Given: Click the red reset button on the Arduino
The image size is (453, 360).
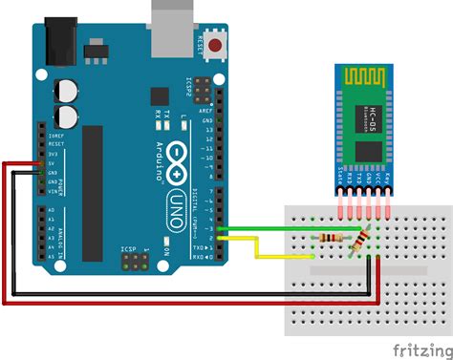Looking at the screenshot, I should point(216,45).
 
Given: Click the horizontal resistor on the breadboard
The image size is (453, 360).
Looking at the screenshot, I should point(332,238).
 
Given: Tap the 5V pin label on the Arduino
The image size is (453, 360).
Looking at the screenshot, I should point(51,162).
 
